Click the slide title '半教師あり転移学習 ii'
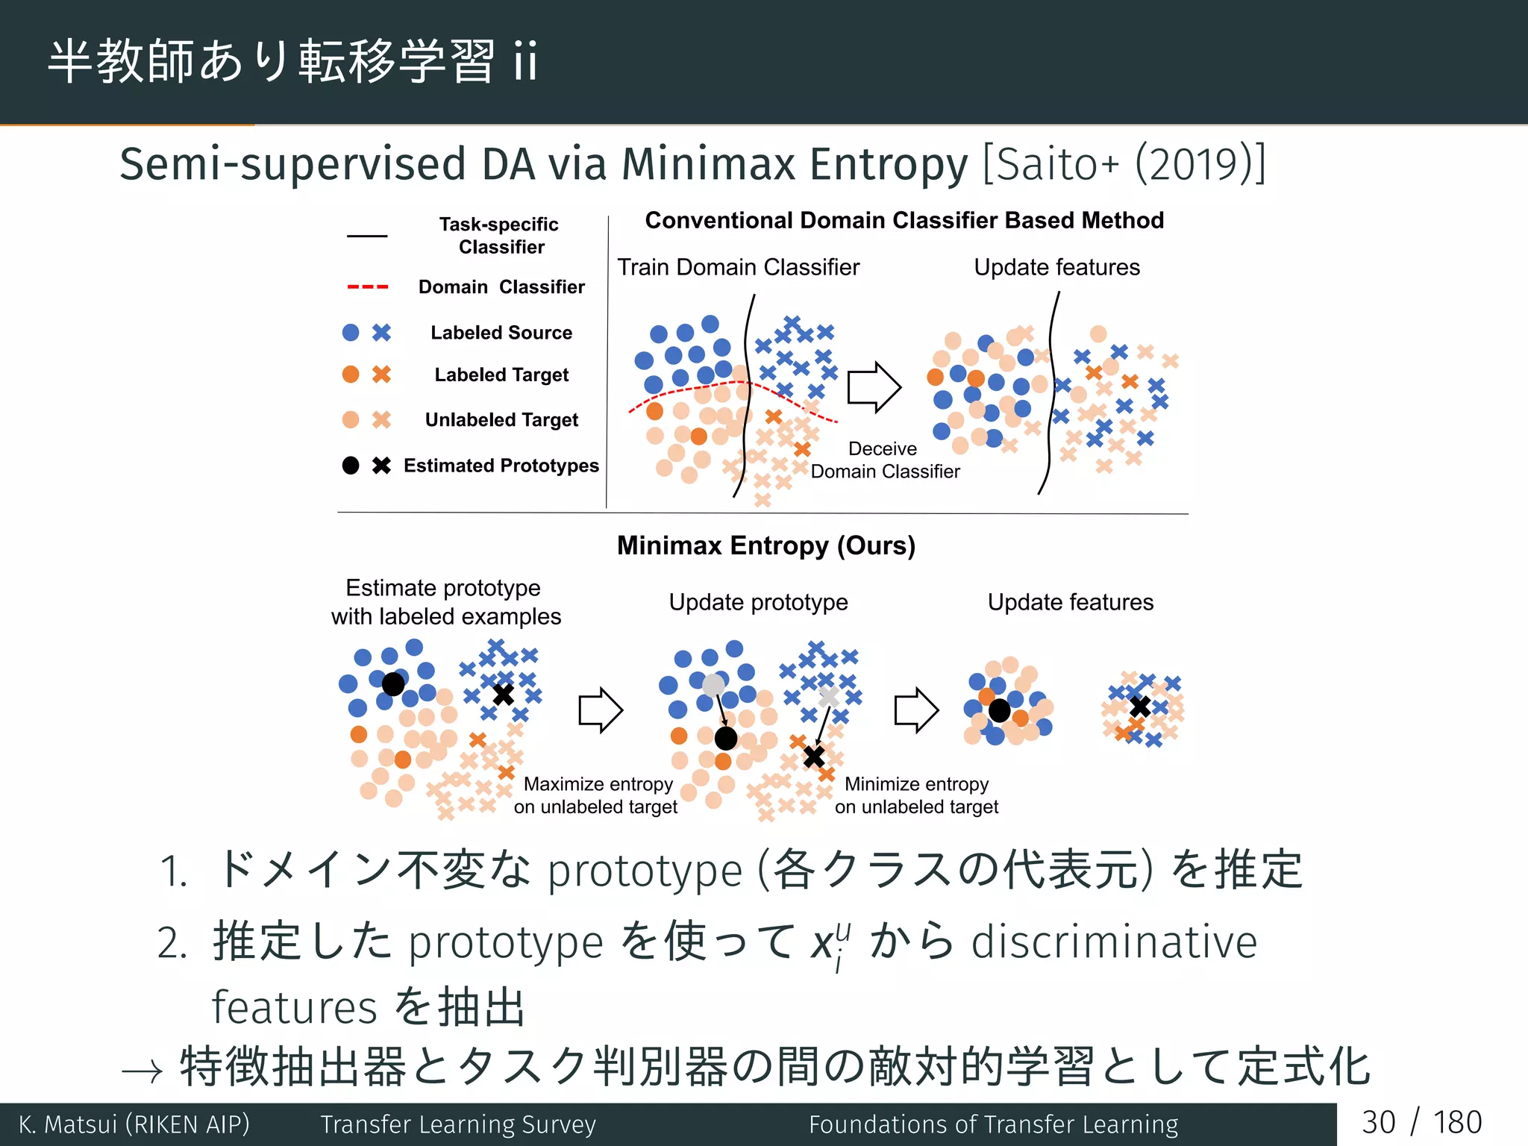coord(292,61)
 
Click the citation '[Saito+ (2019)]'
coord(1124,164)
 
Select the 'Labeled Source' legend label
coord(501,333)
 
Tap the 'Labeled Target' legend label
coord(501,375)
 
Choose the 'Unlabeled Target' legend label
coord(501,420)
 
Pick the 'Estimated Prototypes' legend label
coord(501,466)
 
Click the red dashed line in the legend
coord(367,287)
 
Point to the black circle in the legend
coord(351,466)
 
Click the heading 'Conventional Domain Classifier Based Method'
coord(904,220)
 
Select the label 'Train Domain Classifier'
coord(738,267)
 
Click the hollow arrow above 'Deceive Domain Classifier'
coord(874,387)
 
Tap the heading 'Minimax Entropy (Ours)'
coord(765,545)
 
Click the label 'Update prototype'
coord(758,602)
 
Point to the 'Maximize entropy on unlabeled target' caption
coord(596,795)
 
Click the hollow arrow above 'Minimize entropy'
coord(916,710)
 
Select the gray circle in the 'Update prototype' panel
coord(714,684)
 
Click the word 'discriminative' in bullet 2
coord(1114,942)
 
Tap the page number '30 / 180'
coord(1421,1123)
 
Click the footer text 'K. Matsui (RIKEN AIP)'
coord(134,1124)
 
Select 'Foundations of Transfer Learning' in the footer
coord(993,1124)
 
